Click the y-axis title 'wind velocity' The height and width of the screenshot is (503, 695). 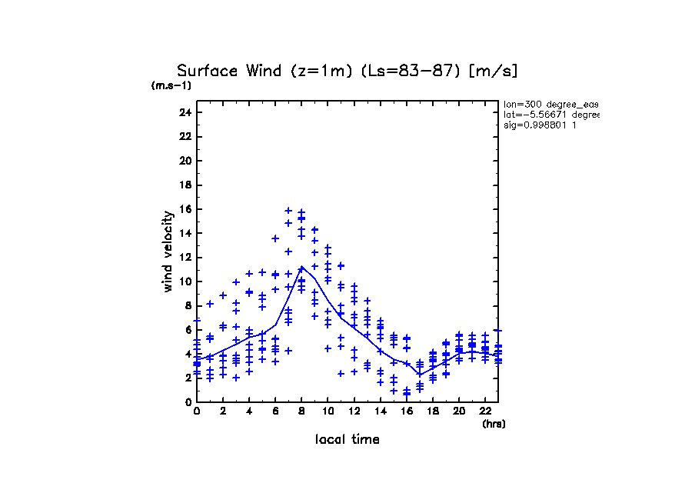(168, 252)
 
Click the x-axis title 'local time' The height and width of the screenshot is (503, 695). (347, 440)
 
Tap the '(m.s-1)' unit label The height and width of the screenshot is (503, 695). (171, 86)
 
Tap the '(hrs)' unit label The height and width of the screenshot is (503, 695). (494, 424)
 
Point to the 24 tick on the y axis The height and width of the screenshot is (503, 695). (185, 112)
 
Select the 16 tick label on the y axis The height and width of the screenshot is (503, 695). (185, 209)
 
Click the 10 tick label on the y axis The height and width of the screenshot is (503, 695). (185, 281)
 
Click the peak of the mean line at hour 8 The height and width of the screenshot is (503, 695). (301, 268)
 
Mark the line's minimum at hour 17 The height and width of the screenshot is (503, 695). (419, 375)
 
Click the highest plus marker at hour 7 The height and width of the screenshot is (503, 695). (288, 210)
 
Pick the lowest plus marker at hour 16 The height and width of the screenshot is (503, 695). (406, 394)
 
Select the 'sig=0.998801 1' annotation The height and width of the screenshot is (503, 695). (540, 125)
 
